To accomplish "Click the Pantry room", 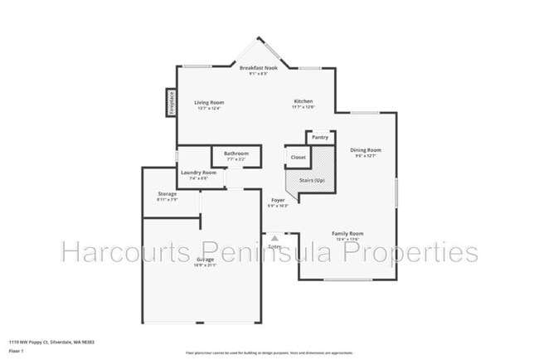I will point(320,137).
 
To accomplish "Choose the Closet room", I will point(298,156).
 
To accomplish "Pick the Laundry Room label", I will point(198,173).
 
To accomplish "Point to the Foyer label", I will point(279,201).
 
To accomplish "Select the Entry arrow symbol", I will point(274,238).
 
